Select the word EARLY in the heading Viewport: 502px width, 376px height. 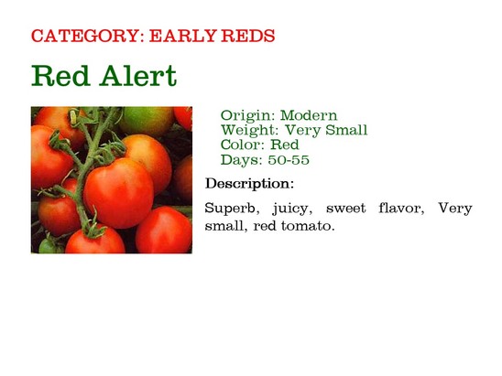[x=182, y=36]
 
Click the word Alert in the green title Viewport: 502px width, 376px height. [x=137, y=76]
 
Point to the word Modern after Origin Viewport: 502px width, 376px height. [x=309, y=115]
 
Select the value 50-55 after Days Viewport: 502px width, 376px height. [x=289, y=159]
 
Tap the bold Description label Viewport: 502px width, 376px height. [x=249, y=184]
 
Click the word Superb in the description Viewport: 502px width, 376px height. [x=232, y=209]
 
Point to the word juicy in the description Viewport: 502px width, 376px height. [x=292, y=209]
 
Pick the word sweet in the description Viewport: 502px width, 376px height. [x=345, y=209]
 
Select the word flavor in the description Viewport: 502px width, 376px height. [x=401, y=209]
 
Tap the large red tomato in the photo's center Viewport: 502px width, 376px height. [x=118, y=193]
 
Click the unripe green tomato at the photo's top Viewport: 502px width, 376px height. [x=147, y=122]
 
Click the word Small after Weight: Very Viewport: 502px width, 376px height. [x=346, y=130]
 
